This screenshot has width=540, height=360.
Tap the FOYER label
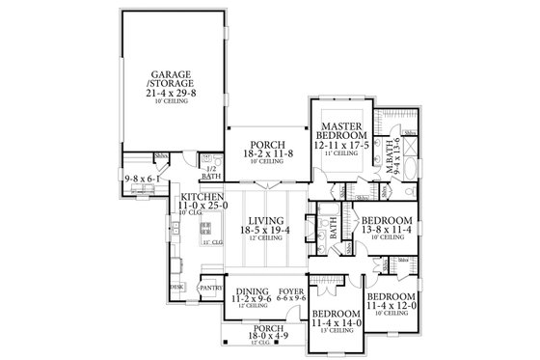point(291,291)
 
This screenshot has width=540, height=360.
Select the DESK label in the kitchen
point(177,287)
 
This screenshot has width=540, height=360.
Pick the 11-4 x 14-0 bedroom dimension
point(335,324)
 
